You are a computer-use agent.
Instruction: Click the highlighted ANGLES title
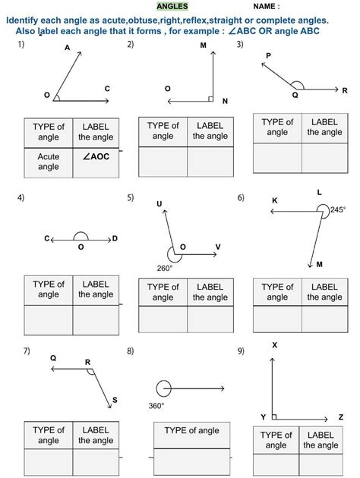click(x=172, y=6)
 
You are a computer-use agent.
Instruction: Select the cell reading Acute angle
click(x=49, y=161)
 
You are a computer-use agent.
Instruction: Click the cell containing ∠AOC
click(x=96, y=156)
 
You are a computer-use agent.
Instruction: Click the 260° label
click(x=165, y=268)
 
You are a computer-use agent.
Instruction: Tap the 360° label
click(x=156, y=406)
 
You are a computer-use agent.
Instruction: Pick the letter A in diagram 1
click(x=68, y=48)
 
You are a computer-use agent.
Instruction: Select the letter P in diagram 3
click(x=268, y=56)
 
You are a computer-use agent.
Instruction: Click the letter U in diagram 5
click(x=159, y=203)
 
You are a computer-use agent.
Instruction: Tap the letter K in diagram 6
click(x=274, y=200)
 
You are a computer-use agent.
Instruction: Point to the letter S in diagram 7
click(x=115, y=400)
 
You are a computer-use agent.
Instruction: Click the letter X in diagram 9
click(x=274, y=346)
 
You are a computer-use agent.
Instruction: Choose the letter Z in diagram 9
click(x=341, y=417)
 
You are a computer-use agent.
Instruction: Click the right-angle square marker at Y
click(x=274, y=417)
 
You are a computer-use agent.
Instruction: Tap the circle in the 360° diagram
click(x=164, y=388)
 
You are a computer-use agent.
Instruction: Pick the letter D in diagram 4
click(x=115, y=239)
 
